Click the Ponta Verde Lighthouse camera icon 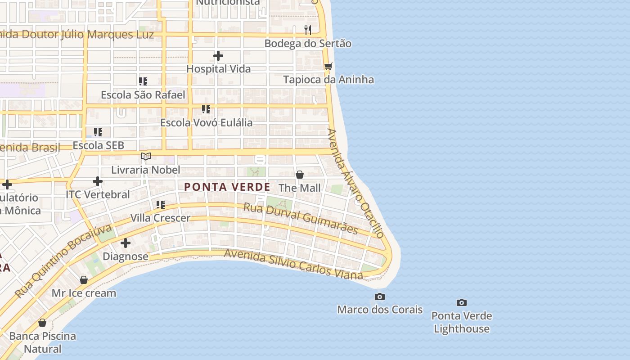click(461, 302)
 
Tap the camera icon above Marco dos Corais click(380, 297)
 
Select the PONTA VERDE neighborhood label click(227, 187)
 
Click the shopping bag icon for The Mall click(300, 175)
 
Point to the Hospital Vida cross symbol click(218, 56)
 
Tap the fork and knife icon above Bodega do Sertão click(308, 30)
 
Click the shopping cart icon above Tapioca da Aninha click(328, 66)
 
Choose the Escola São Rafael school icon click(143, 81)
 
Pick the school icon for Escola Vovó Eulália click(206, 109)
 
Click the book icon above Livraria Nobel click(145, 156)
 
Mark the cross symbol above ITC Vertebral click(98, 181)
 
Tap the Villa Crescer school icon click(161, 205)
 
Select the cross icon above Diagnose click(126, 243)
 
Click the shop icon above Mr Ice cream click(84, 280)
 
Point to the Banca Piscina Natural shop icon click(42, 323)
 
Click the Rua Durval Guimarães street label click(301, 218)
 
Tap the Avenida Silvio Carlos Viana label click(293, 264)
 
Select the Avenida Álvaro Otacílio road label click(356, 183)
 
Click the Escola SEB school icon click(98, 132)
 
